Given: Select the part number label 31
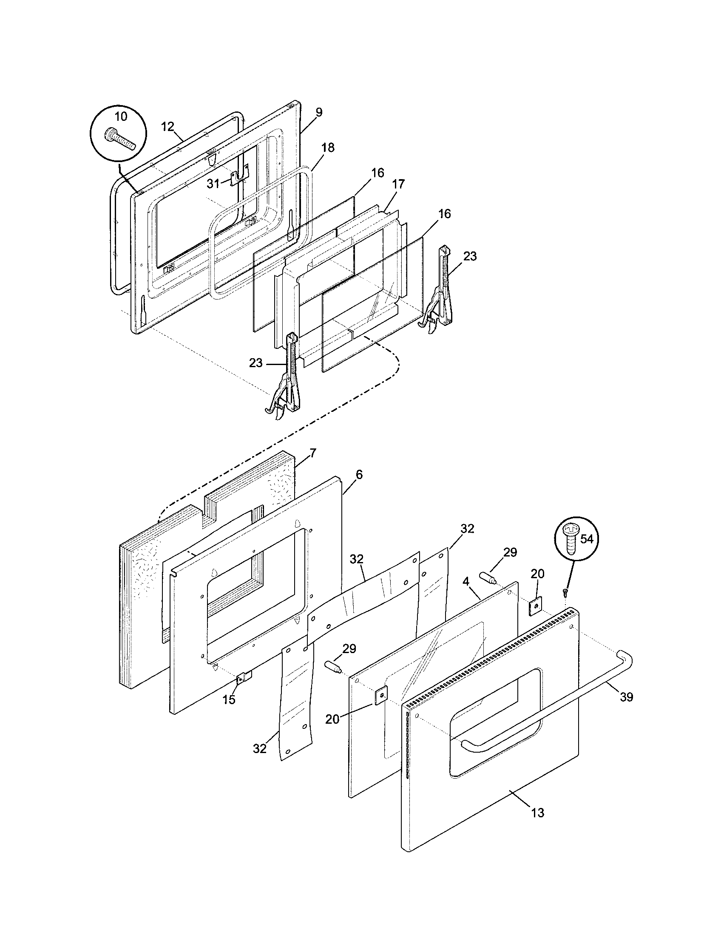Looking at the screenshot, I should pos(213,183).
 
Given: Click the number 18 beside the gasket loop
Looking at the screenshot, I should pos(328,148).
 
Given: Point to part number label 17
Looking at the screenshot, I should pos(398,184).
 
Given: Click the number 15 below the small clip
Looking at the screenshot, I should pos(229,700).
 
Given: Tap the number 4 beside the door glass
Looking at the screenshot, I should pos(466,582).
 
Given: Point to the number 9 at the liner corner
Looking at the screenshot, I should pos(319,112).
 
